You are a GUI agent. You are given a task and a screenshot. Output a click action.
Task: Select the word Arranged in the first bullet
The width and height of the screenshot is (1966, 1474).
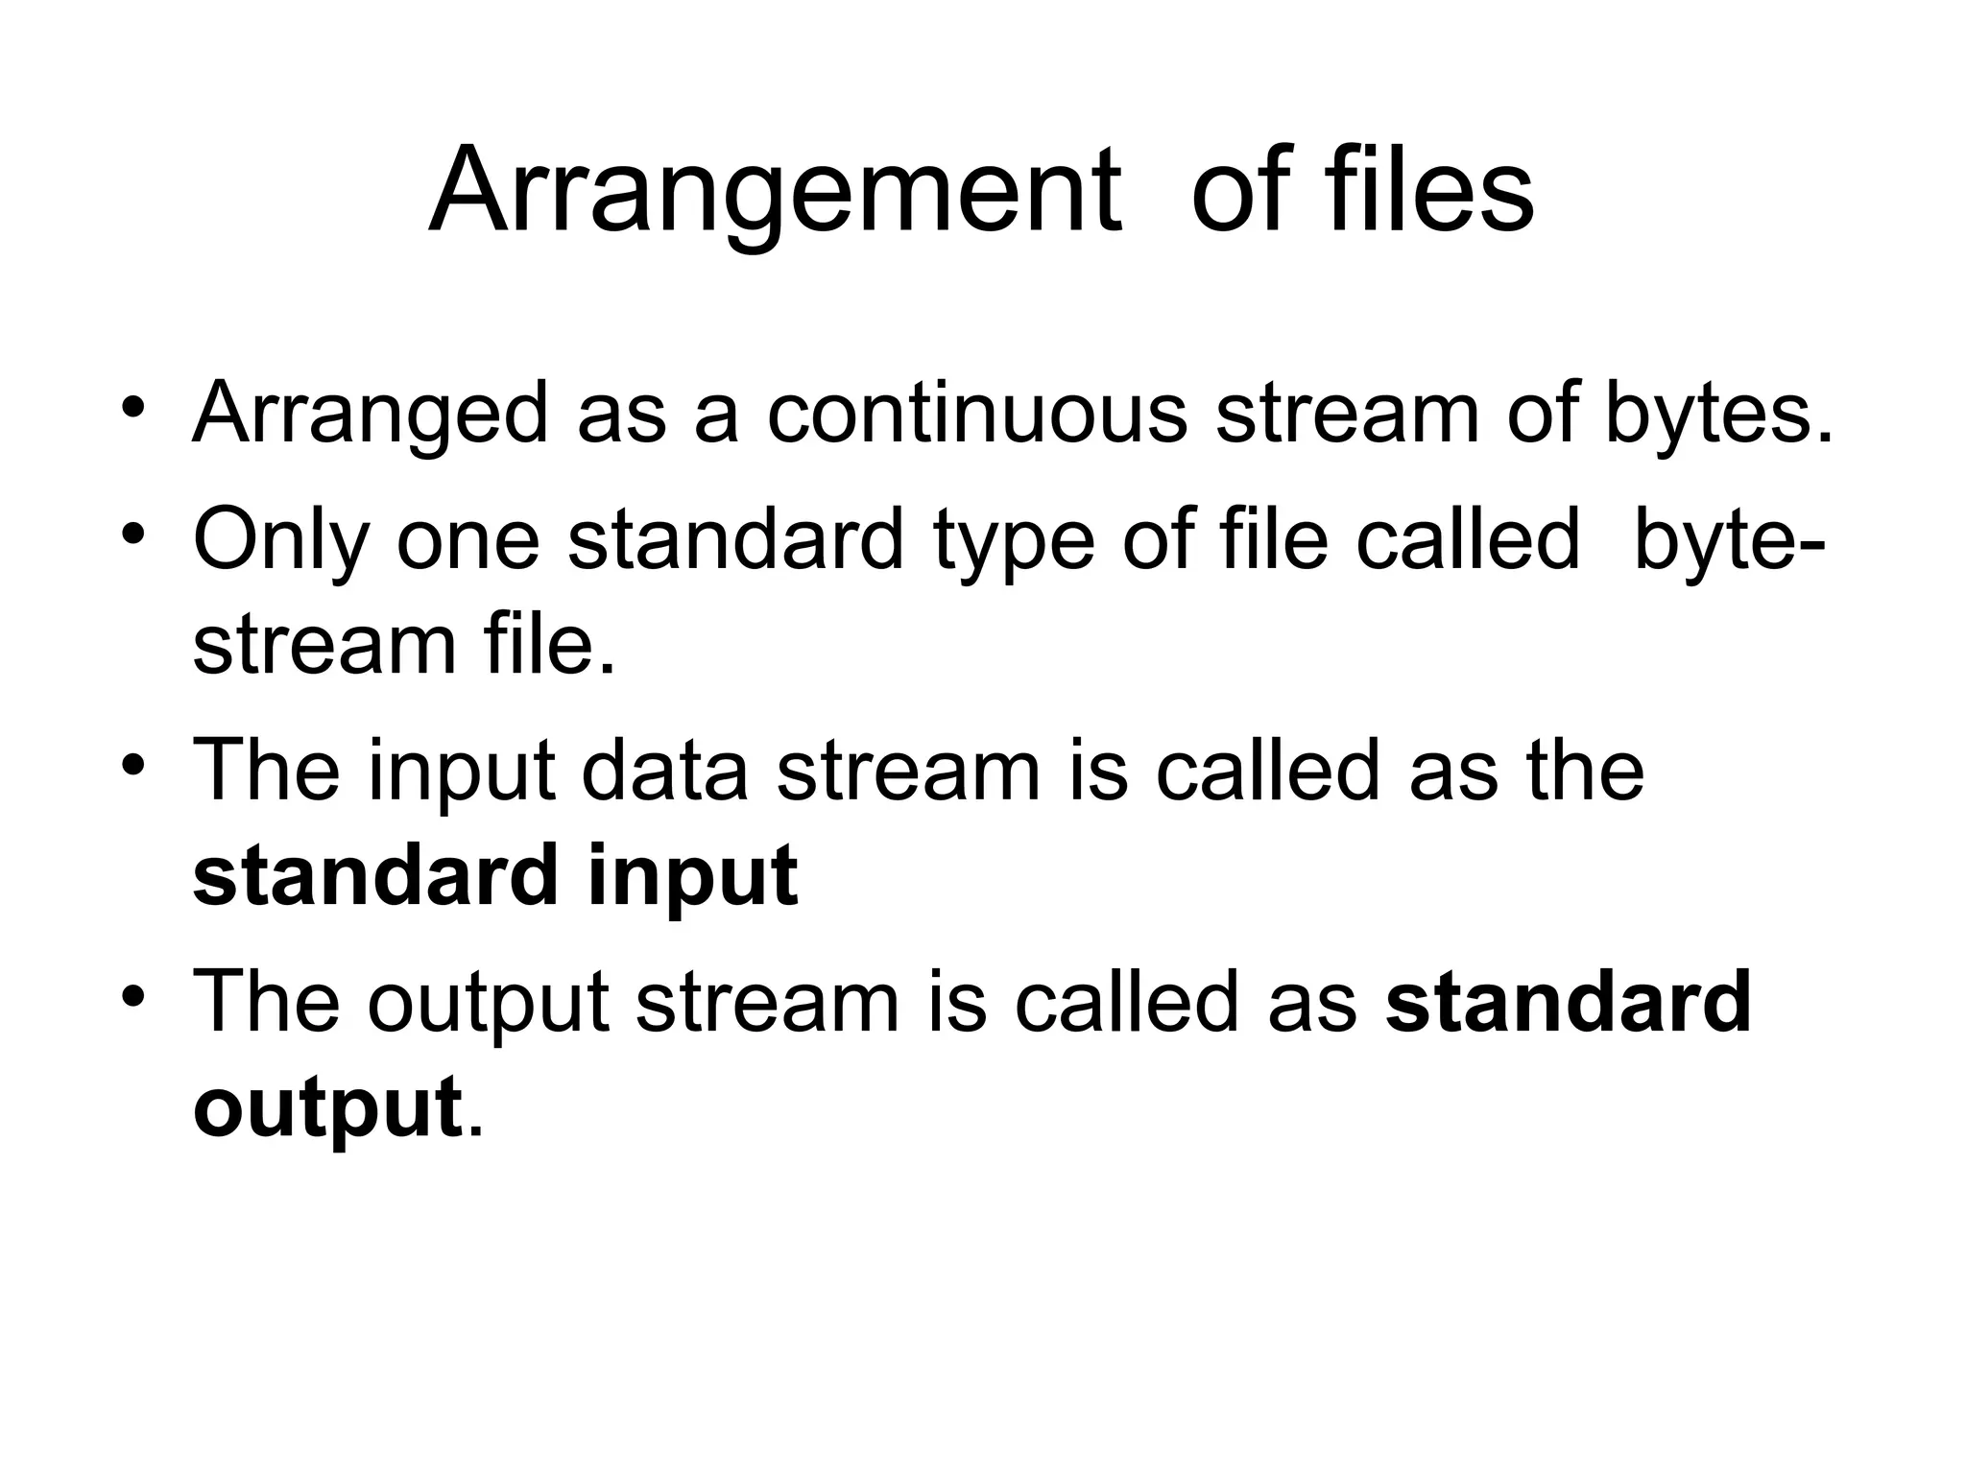(371, 415)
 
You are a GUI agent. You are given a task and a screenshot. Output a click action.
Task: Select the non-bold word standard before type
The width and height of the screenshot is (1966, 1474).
(735, 539)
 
